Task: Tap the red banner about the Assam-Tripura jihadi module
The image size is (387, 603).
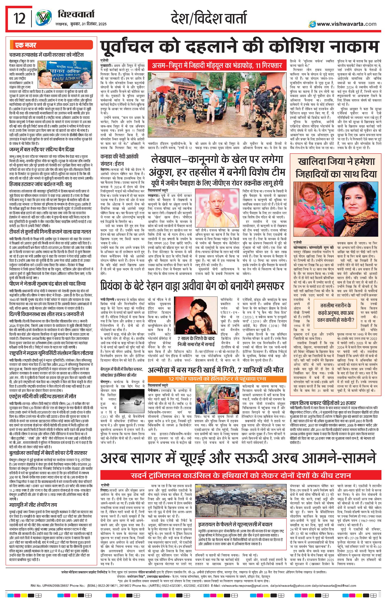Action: point(217,66)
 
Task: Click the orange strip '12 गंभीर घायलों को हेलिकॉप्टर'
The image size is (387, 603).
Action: point(217,379)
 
